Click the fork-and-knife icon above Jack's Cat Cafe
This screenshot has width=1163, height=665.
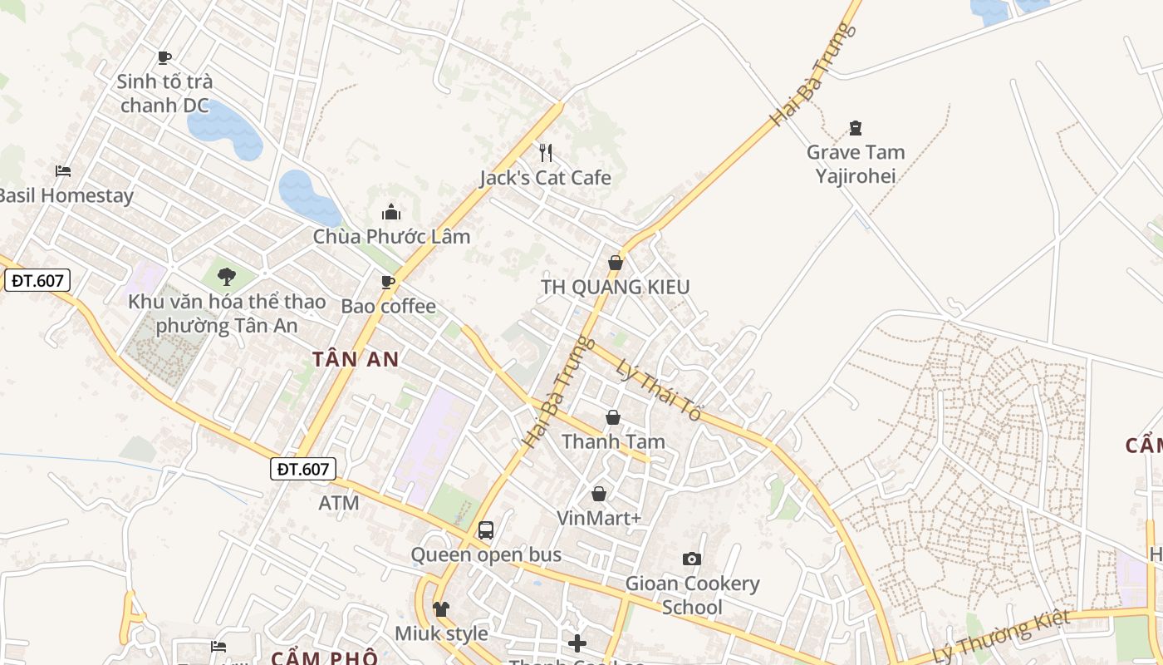[x=546, y=152]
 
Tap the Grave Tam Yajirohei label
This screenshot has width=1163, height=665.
[x=856, y=164]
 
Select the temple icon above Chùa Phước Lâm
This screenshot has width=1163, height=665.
[x=391, y=212]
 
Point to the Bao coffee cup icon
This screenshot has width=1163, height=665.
[x=388, y=282]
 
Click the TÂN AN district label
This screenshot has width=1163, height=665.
[x=356, y=359]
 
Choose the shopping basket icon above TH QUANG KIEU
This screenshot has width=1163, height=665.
[x=616, y=263]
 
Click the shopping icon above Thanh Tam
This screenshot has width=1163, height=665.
[x=613, y=417]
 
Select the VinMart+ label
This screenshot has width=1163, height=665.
[x=599, y=518]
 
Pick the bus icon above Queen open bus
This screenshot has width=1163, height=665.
[x=486, y=530]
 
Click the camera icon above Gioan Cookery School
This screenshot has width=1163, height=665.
[x=692, y=559]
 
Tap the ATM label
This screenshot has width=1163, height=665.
[x=339, y=503]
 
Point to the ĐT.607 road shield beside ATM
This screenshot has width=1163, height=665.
[x=303, y=469]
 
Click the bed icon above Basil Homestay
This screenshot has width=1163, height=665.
[x=63, y=171]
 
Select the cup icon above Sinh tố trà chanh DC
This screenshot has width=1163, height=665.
[x=164, y=57]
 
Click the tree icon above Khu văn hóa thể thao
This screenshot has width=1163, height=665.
[x=226, y=277]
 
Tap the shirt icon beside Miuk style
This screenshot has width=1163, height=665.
[x=441, y=609]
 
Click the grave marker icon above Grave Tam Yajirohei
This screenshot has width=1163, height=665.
[x=856, y=128]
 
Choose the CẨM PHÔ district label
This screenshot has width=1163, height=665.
[x=324, y=658]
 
